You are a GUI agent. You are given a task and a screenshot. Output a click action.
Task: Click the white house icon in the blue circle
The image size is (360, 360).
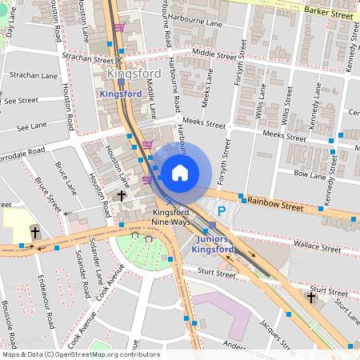tap(180, 172)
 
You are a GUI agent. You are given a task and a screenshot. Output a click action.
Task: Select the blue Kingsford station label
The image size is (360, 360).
tap(120, 94)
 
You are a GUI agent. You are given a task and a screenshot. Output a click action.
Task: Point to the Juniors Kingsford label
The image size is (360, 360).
tap(214, 244)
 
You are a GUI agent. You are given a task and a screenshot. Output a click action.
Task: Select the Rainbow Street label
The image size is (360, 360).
tap(275, 206)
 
